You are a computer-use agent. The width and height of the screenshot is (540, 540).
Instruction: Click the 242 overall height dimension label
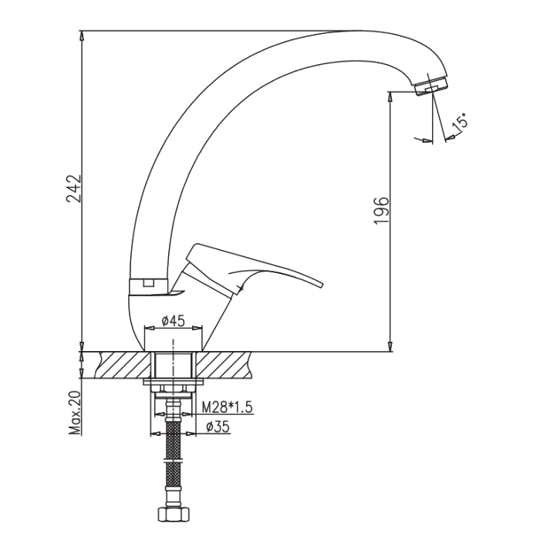point(74,189)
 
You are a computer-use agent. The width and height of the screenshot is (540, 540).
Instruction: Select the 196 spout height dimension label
point(381,211)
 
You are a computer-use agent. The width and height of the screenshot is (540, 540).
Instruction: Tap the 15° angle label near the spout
point(460,122)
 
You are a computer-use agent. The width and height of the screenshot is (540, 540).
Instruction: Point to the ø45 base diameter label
point(174,321)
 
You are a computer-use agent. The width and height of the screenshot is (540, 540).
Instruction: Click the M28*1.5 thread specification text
point(227,407)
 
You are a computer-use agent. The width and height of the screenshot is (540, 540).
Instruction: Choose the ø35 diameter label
point(218,427)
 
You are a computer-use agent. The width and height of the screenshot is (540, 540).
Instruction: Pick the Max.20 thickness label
point(74,413)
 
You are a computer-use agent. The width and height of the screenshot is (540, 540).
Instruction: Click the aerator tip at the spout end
point(431,86)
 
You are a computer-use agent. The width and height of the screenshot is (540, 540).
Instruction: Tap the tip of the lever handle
point(322,285)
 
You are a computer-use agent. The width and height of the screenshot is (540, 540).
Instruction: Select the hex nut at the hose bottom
point(174,515)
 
